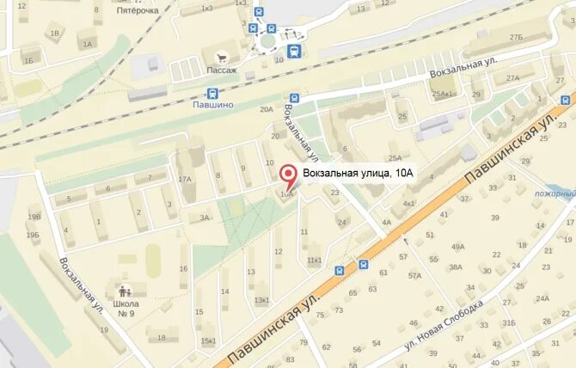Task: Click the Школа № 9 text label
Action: pyautogui.click(x=125, y=308)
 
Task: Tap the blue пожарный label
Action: pyautogui.click(x=554, y=194)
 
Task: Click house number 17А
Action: pyautogui.click(x=185, y=179)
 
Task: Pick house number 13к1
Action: pyautogui.click(x=261, y=300)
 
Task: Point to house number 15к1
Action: pyautogui.click(x=209, y=340)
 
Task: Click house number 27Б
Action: pyautogui.click(x=516, y=38)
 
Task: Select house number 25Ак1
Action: pyautogui.click(x=444, y=94)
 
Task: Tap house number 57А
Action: pyautogui.click(x=415, y=276)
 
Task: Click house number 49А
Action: pyautogui.click(x=457, y=248)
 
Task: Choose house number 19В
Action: pyautogui.click(x=34, y=218)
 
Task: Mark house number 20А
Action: pyautogui.click(x=266, y=109)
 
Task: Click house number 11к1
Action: pyautogui.click(x=314, y=260)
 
